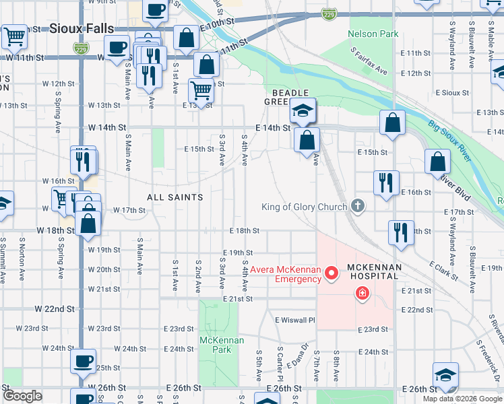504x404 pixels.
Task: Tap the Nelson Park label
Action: tap(373, 34)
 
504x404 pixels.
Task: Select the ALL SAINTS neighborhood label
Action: tap(175, 197)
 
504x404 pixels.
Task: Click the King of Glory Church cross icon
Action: tap(357, 207)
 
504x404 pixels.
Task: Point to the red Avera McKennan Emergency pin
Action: tap(331, 273)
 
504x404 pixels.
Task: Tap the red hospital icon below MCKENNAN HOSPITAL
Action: tap(363, 293)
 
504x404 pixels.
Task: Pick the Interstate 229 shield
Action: tap(329, 13)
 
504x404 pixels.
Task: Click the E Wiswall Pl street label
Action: tap(294, 321)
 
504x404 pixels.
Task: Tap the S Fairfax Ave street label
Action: tap(369, 61)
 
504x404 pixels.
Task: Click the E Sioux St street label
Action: tap(452, 92)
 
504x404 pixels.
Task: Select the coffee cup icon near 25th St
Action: tap(84, 362)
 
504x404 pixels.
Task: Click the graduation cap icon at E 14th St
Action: tap(303, 110)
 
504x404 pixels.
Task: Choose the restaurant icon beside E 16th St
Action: tap(386, 182)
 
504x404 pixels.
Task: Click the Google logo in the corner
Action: tap(23, 396)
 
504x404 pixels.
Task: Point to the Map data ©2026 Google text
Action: tap(462, 399)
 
